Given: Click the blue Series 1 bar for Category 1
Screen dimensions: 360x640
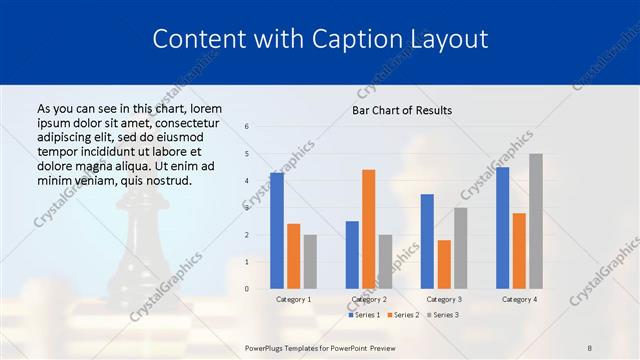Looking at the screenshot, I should [x=277, y=231].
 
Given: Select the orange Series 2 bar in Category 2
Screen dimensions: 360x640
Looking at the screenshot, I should [x=368, y=229].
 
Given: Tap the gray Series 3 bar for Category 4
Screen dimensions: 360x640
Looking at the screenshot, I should [x=535, y=221].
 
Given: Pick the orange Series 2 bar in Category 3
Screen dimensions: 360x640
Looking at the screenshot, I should [x=443, y=264].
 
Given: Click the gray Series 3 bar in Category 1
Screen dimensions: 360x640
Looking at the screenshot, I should [x=310, y=262].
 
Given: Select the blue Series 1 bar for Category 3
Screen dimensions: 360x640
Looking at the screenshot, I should [x=427, y=241].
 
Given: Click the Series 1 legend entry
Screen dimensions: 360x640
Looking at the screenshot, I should [x=364, y=315].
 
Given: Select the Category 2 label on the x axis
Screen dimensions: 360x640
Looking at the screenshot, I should [x=368, y=299].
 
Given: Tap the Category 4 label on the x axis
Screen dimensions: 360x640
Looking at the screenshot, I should [x=518, y=299].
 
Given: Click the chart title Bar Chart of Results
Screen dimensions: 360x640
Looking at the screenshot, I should [x=402, y=110].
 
